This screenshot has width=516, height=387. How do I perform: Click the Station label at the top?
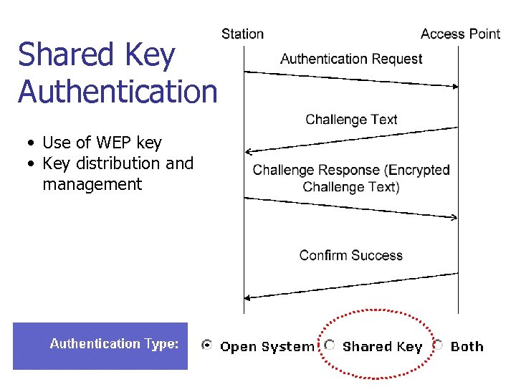coord(242,34)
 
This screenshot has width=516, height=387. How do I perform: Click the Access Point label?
coord(460,34)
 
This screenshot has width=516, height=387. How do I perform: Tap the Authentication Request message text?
coord(351,59)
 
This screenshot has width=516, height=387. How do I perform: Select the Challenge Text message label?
coord(351,120)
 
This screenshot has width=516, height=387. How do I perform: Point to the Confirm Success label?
coord(351,255)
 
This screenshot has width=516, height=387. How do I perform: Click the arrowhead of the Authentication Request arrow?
coord(454,86)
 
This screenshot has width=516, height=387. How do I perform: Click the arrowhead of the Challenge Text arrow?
coord(249,151)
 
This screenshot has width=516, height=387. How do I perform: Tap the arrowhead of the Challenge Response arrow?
coord(454,216)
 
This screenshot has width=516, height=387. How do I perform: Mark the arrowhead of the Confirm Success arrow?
coord(249,297)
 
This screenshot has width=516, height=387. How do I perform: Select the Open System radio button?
coord(207,345)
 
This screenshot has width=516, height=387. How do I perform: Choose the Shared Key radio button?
coord(330,345)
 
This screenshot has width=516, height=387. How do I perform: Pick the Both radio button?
coord(437,345)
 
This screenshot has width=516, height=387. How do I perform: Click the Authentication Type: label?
coord(114,344)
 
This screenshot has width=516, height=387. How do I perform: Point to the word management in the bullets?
coord(92,184)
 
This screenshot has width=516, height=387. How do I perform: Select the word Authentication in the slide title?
coord(118,91)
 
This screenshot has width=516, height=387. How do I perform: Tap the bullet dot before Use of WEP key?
coord(33,143)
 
